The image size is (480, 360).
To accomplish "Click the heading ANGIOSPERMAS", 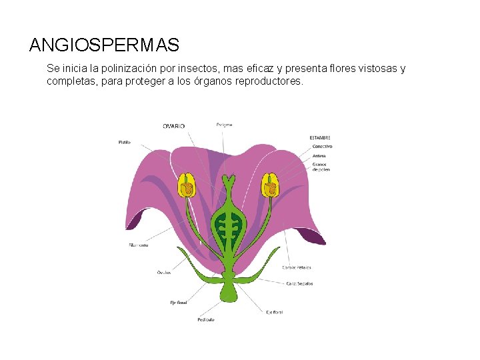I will [105, 45].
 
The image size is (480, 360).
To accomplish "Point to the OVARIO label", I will [174, 125].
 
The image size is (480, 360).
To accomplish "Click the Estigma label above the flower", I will [224, 125].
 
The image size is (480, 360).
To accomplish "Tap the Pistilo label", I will [125, 142].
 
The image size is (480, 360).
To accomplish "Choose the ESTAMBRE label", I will [320, 138].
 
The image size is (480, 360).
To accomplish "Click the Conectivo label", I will [322, 146].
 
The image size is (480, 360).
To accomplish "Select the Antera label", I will [319, 156].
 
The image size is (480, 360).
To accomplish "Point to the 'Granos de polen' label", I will [321, 167].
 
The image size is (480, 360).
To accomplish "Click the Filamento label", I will [139, 245].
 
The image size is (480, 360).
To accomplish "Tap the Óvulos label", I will [163, 272].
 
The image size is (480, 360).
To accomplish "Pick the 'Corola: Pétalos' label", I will [297, 267].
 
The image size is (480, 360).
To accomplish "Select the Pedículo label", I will [205, 320].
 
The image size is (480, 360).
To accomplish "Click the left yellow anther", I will [186, 185].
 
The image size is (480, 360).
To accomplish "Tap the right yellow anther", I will [270, 185].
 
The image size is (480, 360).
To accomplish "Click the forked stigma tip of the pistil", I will [229, 180].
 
